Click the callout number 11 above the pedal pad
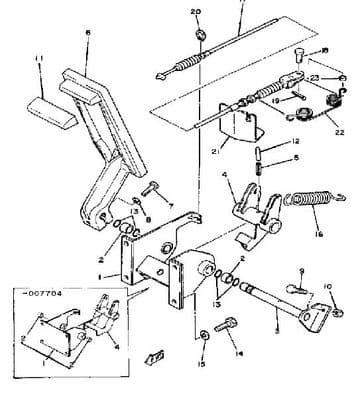click(x=41, y=60)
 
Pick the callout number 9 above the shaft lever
click(x=300, y=269)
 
